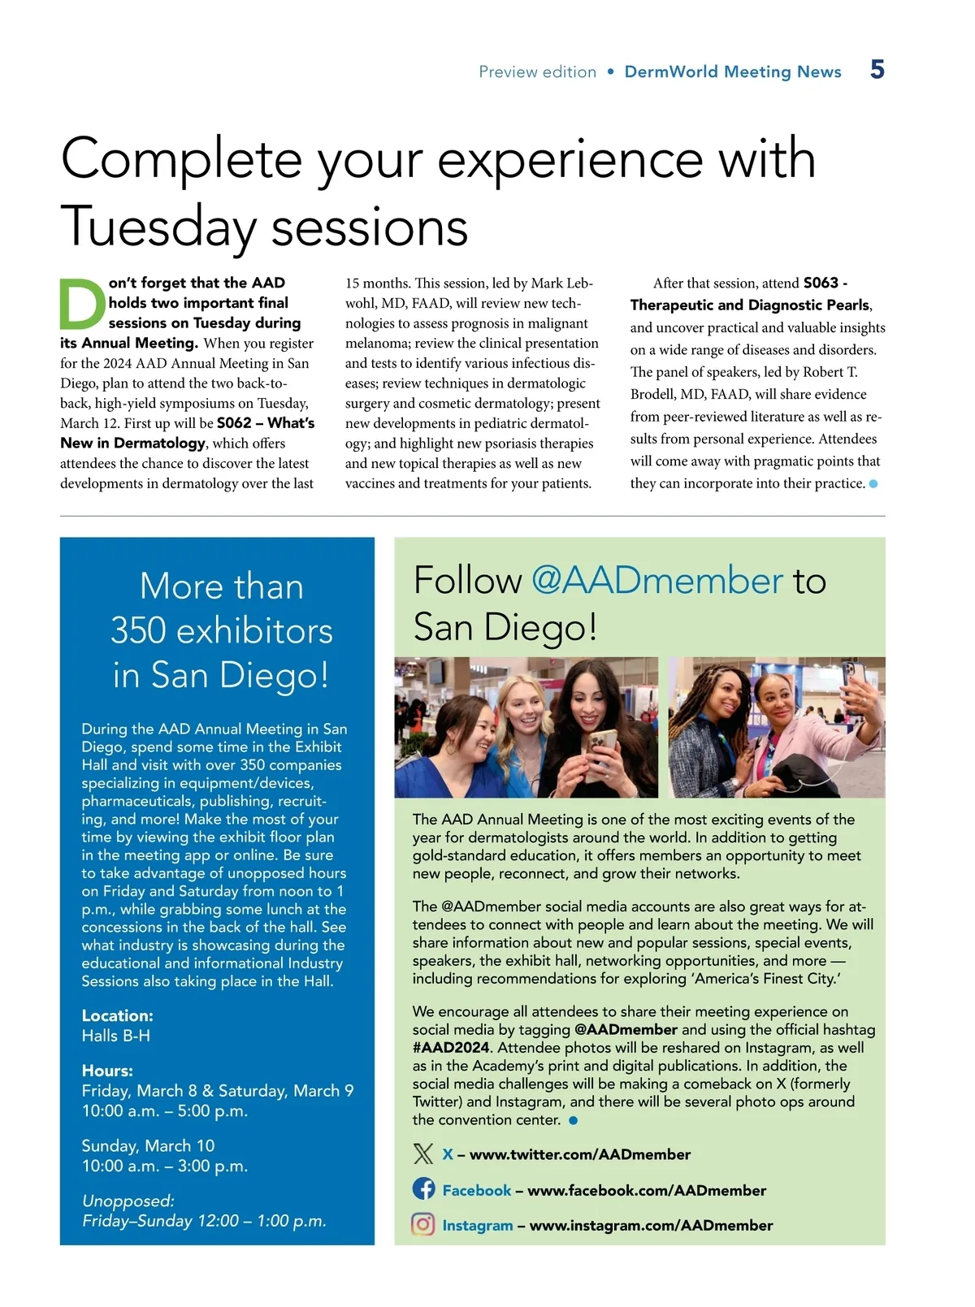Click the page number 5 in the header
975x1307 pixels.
tap(877, 69)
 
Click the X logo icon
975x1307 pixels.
tap(423, 1153)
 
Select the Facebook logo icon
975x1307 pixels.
tap(423, 1188)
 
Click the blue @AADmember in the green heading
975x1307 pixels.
tap(656, 581)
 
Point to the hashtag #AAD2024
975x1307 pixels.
tap(450, 1047)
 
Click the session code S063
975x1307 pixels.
tap(821, 283)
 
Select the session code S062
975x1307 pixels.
tap(234, 423)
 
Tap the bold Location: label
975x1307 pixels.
tap(117, 1015)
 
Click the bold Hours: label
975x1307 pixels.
tap(107, 1071)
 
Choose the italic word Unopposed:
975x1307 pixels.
tap(128, 1201)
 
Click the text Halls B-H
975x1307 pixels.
tap(115, 1036)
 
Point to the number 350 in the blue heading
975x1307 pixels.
tap(139, 631)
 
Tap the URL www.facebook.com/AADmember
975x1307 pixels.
tap(647, 1190)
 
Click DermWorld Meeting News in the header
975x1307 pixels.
tap(732, 71)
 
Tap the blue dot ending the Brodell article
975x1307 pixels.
tap(873, 483)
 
